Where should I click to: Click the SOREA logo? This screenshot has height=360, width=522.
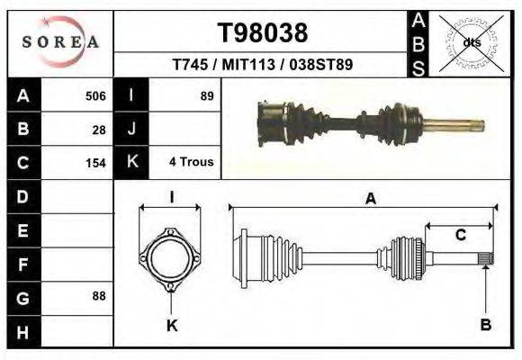coord(60,41)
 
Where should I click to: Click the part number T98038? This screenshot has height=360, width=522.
coord(263,33)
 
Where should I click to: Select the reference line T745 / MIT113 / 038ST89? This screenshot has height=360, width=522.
coord(262,65)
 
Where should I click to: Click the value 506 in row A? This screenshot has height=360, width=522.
coord(95,95)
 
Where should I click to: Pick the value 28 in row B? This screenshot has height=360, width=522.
coord(99,129)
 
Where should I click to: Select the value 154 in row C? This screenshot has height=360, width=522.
coord(95,163)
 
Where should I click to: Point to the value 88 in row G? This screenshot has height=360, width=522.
coord(99,296)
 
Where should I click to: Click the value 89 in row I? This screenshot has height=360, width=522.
coord(206,95)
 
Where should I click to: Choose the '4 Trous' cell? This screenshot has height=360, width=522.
coord(191,163)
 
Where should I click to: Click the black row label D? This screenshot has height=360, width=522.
coord(22,196)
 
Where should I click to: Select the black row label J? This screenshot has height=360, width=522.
coord(131,129)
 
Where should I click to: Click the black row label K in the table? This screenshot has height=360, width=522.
coord(131,163)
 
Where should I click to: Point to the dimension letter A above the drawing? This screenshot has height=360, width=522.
coord(370,200)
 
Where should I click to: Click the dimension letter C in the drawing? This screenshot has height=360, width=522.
coord(460,236)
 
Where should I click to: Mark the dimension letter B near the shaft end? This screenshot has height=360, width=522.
coord(485,325)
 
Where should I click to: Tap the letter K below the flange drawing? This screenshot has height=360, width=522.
coord(171,325)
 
